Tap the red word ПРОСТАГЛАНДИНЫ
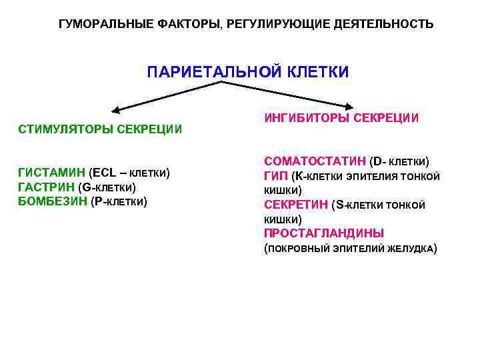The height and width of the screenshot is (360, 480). pyautogui.click(x=324, y=233)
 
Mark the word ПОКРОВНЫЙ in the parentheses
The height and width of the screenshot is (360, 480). pyautogui.click(x=296, y=249)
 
